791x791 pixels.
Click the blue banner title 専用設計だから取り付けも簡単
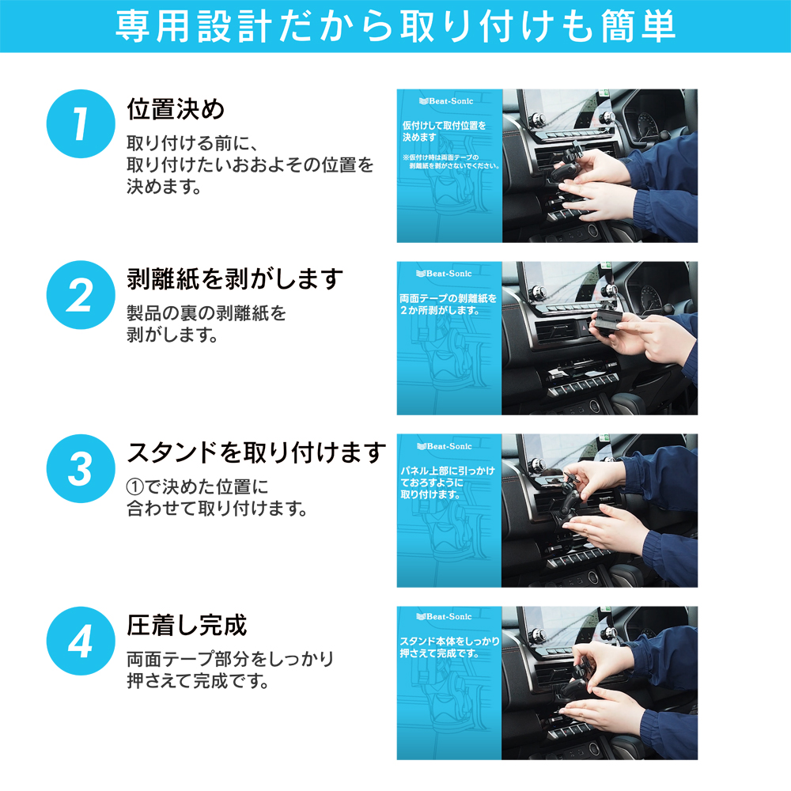(x=395, y=26)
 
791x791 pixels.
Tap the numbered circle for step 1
(x=81, y=123)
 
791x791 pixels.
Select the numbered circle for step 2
(x=81, y=295)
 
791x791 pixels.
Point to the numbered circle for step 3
(x=81, y=468)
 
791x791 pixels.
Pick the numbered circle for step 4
(x=81, y=642)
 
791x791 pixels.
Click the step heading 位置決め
(x=176, y=109)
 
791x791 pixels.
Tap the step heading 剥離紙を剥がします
(x=235, y=279)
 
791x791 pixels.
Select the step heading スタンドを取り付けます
(x=256, y=452)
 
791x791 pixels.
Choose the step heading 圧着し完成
(x=187, y=626)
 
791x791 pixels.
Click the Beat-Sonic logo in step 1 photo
(x=446, y=101)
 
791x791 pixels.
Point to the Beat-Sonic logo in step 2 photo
(x=444, y=274)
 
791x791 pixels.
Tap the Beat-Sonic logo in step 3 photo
(x=445, y=446)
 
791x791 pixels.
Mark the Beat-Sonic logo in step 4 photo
(x=444, y=616)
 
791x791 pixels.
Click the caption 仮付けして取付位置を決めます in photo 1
(x=444, y=131)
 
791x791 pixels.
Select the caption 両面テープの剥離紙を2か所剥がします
(x=448, y=305)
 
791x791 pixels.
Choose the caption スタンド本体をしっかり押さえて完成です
(x=449, y=647)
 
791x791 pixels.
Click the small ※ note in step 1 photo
(x=451, y=161)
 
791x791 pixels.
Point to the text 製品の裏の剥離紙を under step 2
(x=206, y=313)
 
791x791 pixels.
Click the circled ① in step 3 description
(x=135, y=486)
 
